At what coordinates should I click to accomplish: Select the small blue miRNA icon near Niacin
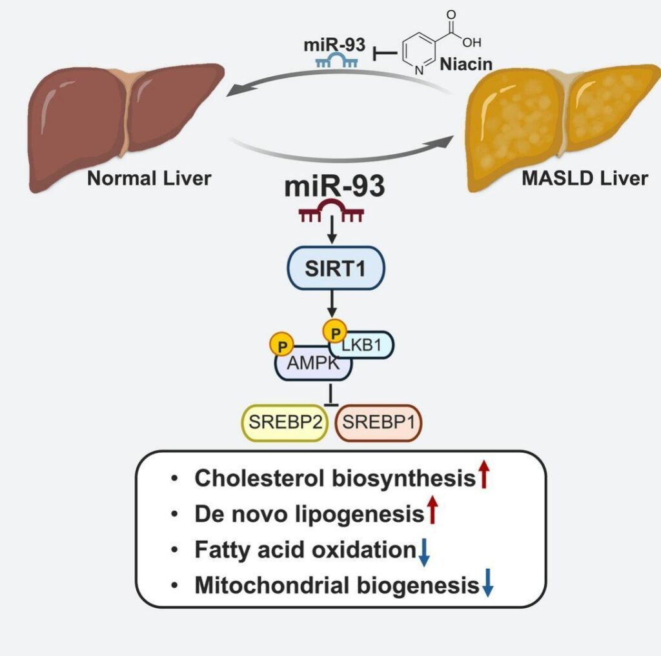336,61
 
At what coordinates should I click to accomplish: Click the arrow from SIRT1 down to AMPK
332,304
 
